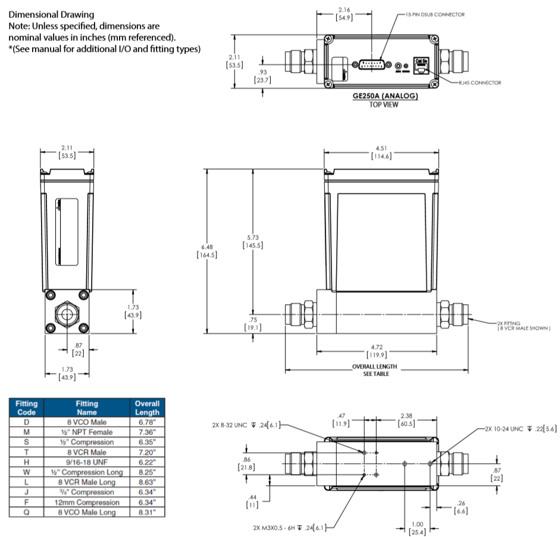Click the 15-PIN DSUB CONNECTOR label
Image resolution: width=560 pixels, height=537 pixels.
tap(434, 14)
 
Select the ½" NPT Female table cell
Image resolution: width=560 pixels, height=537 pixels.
tap(87, 432)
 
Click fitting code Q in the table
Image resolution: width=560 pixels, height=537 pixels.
tap(26, 513)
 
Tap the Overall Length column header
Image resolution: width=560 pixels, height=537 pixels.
tap(146, 407)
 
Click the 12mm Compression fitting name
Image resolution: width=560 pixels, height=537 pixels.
tap(87, 502)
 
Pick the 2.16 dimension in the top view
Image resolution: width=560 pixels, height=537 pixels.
tap(344, 14)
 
